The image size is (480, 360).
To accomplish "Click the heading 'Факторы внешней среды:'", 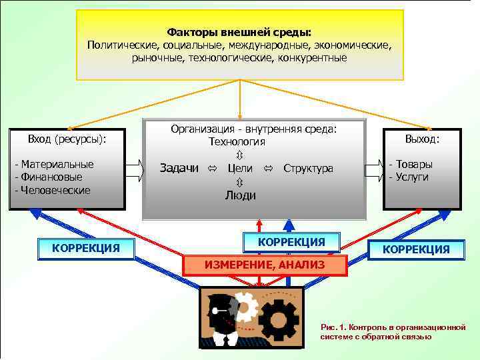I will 239,31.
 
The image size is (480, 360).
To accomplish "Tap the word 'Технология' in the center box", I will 237,141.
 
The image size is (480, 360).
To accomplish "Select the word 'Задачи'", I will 179,168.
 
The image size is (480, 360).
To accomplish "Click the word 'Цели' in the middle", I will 240,168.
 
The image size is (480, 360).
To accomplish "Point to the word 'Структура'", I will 308,168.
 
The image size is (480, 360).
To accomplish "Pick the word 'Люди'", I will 240,195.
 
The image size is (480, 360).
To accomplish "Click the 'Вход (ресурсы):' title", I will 67,139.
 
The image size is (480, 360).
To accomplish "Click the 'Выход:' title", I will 423,139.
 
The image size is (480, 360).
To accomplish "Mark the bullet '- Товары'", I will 411,164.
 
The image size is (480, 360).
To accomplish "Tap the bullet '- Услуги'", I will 409,177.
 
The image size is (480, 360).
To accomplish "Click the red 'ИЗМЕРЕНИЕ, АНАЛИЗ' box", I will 265,265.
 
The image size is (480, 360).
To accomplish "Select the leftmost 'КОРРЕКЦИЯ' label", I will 86,248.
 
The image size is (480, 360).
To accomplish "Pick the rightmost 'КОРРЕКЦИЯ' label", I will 416,249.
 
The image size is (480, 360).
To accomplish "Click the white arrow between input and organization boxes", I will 134,170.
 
